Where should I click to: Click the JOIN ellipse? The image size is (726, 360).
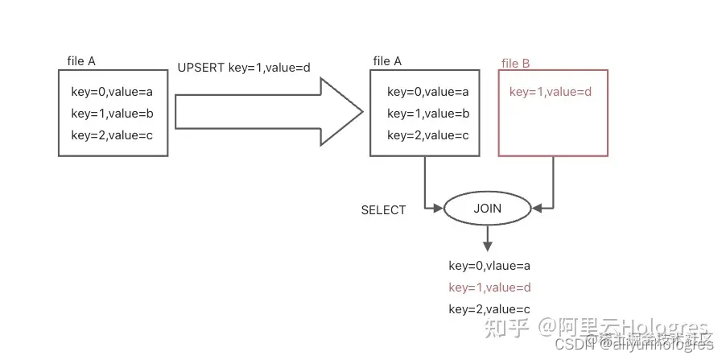(487, 209)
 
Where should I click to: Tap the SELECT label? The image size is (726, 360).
(383, 210)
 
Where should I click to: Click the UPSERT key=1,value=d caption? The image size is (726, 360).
(243, 68)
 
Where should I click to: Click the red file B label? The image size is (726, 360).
(515, 64)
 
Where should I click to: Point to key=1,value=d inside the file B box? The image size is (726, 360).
(551, 92)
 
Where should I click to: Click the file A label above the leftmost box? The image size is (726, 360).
(82, 61)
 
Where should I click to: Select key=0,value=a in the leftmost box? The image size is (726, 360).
(112, 92)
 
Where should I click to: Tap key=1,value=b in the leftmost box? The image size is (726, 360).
(112, 114)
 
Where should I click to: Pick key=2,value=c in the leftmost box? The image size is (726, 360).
(112, 134)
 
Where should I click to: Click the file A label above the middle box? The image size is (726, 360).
(387, 61)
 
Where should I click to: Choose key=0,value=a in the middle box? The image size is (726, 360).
(427, 92)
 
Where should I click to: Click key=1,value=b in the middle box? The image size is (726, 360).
(427, 114)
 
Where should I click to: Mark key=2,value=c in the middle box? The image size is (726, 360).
(427, 134)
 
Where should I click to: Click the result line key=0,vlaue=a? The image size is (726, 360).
(489, 265)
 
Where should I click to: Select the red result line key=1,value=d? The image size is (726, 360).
(489, 287)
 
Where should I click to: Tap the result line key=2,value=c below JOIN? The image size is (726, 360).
(489, 308)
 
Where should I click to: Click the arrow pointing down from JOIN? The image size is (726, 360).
(487, 238)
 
